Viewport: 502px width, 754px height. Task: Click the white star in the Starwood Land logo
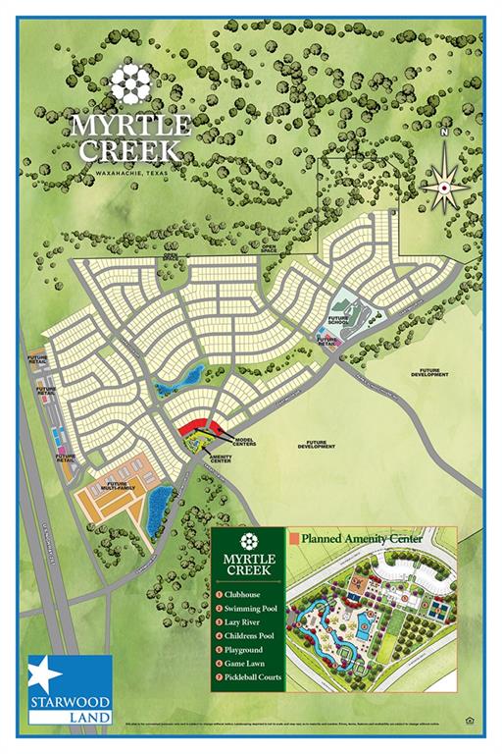click(x=43, y=676)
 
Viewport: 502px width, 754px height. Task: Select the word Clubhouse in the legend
click(x=250, y=594)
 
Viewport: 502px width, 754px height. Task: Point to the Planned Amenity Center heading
click(x=361, y=538)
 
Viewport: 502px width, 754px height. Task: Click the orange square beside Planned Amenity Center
click(x=293, y=538)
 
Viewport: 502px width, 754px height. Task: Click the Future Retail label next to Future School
click(x=326, y=341)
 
